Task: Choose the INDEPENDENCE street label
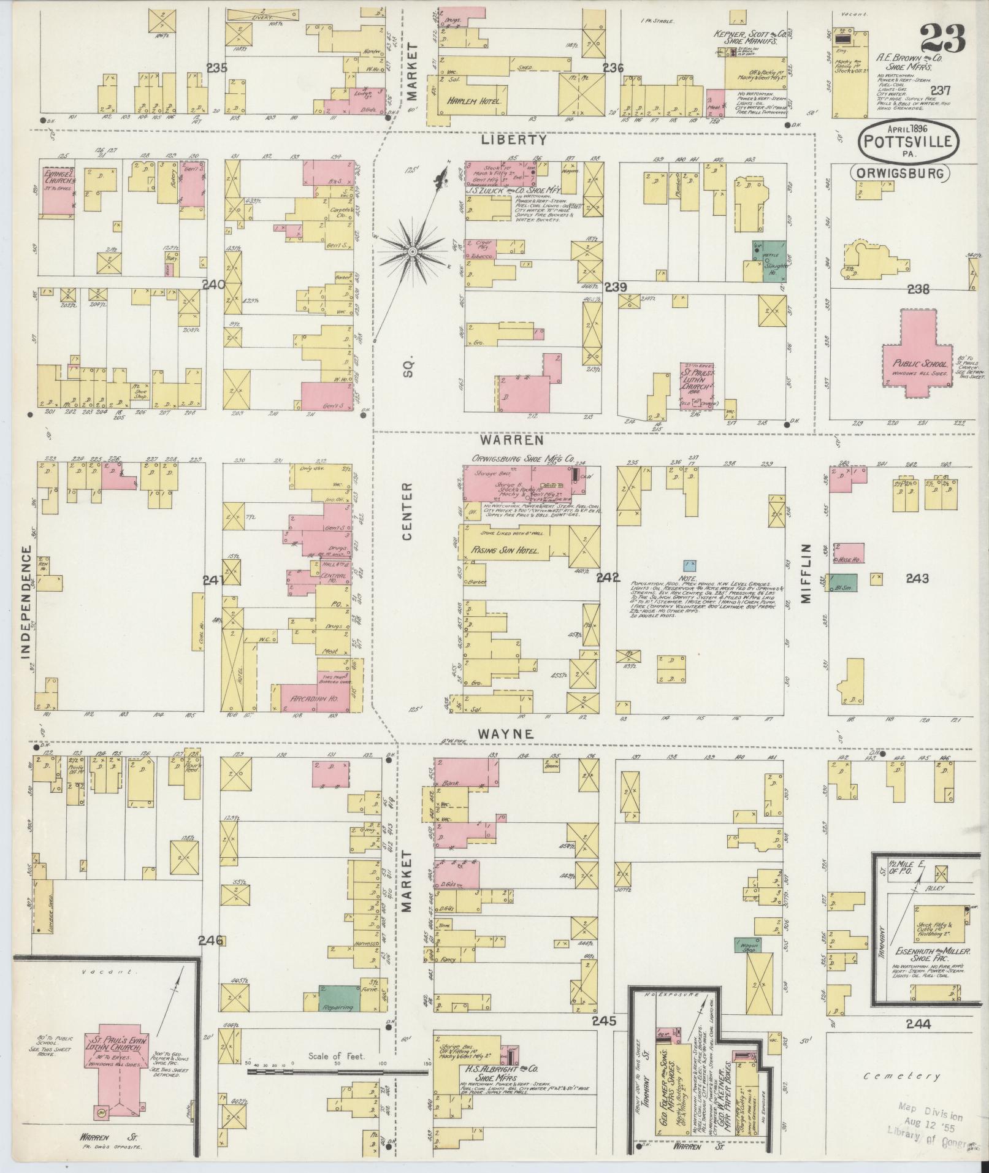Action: click(x=26, y=603)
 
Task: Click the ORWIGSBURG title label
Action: click(x=899, y=174)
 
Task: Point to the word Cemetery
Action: click(x=901, y=1076)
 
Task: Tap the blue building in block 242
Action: click(x=690, y=563)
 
